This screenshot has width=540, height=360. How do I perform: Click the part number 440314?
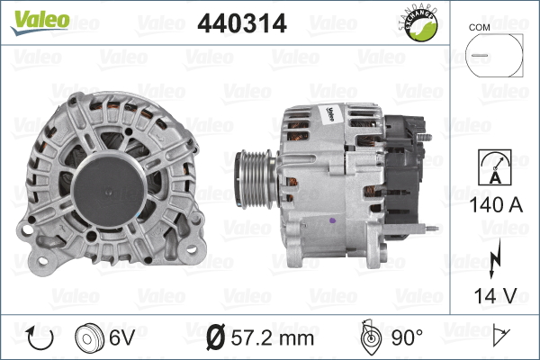point(242,25)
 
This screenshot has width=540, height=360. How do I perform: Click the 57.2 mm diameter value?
point(273,338)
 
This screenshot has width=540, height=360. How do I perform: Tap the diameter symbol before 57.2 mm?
point(216,338)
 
